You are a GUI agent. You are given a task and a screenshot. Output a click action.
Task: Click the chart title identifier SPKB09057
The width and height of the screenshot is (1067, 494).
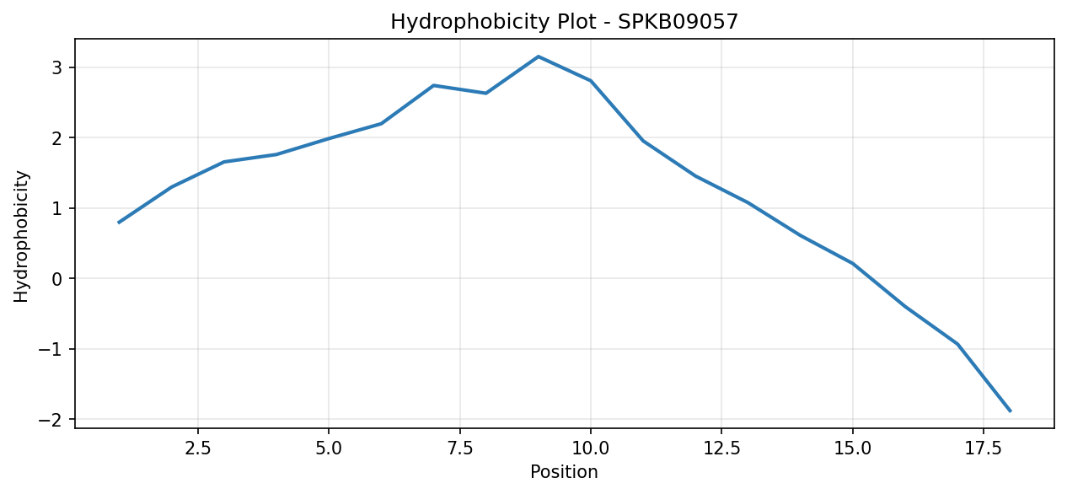click(x=678, y=22)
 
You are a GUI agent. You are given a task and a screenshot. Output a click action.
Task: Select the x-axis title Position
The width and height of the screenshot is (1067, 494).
click(x=564, y=472)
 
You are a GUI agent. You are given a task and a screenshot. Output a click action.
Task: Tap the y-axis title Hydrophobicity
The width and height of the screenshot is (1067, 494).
click(x=21, y=236)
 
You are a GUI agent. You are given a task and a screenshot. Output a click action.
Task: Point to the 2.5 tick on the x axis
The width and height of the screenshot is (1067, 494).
click(x=198, y=448)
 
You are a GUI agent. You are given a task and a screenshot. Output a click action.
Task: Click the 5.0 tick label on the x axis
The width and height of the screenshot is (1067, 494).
click(x=329, y=448)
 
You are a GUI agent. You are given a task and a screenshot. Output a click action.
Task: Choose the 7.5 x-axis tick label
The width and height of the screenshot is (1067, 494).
click(x=460, y=448)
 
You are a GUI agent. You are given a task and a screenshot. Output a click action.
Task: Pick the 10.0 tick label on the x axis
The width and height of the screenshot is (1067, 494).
click(x=591, y=448)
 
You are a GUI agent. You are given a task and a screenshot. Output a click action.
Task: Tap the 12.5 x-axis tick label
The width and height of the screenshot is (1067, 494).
click(x=721, y=448)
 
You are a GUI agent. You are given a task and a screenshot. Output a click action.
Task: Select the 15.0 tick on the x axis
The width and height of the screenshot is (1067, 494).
click(x=853, y=448)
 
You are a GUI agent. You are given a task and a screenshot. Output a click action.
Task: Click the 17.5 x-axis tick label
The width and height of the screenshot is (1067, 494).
click(x=984, y=448)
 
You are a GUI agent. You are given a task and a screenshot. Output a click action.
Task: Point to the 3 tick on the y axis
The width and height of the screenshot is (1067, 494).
click(x=57, y=67)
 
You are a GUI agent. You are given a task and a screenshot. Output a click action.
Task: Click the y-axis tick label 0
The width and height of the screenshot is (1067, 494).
click(x=57, y=279)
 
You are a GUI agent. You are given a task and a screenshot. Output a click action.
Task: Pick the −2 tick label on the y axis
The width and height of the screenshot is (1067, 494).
click(x=51, y=420)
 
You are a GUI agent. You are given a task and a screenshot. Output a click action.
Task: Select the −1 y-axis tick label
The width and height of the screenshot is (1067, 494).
click(x=51, y=349)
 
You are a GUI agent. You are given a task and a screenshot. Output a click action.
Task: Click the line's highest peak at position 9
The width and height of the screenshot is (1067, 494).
click(x=539, y=56)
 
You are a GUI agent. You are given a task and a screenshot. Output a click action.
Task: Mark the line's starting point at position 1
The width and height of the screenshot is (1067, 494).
click(x=119, y=223)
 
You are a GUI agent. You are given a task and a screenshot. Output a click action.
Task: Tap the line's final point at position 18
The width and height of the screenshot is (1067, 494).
click(x=1011, y=411)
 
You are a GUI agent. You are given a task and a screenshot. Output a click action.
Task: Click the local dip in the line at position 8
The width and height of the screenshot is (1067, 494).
click(x=485, y=94)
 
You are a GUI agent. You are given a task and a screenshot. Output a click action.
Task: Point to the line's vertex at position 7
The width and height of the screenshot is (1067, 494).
click(x=433, y=85)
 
